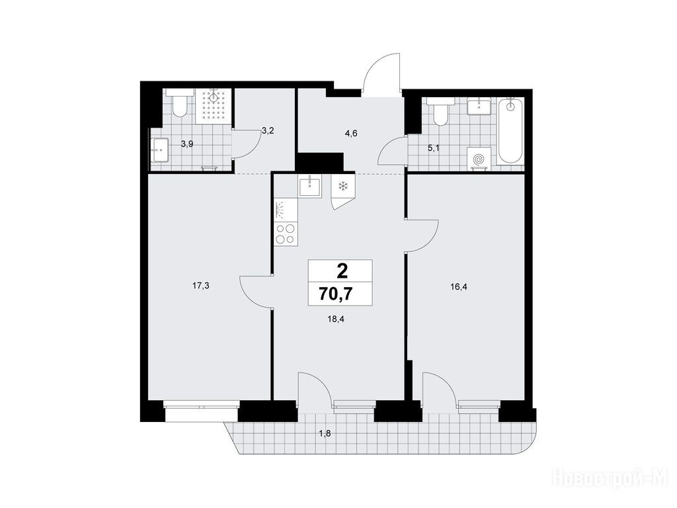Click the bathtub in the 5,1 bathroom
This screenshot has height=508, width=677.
pos(510,131)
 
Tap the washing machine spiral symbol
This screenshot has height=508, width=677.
pos(479,159)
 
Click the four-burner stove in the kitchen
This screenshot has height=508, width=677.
pos(286,233)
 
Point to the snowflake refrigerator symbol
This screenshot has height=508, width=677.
pos(343,187)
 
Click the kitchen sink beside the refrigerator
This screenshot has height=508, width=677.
pos(310,186)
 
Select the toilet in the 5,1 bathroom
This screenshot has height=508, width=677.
pos(441,111)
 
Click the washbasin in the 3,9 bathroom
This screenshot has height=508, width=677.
pos(159,150)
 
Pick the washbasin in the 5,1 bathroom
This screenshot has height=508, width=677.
pos(479,106)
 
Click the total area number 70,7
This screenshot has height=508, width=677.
pos(335,294)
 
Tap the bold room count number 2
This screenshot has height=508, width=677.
pos(342,272)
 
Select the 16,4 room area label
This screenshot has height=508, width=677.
pos(459,286)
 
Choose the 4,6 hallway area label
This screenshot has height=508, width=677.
pos(351,133)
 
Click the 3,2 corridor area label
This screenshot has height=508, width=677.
pos(268,130)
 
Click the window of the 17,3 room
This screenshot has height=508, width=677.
pos(201,411)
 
